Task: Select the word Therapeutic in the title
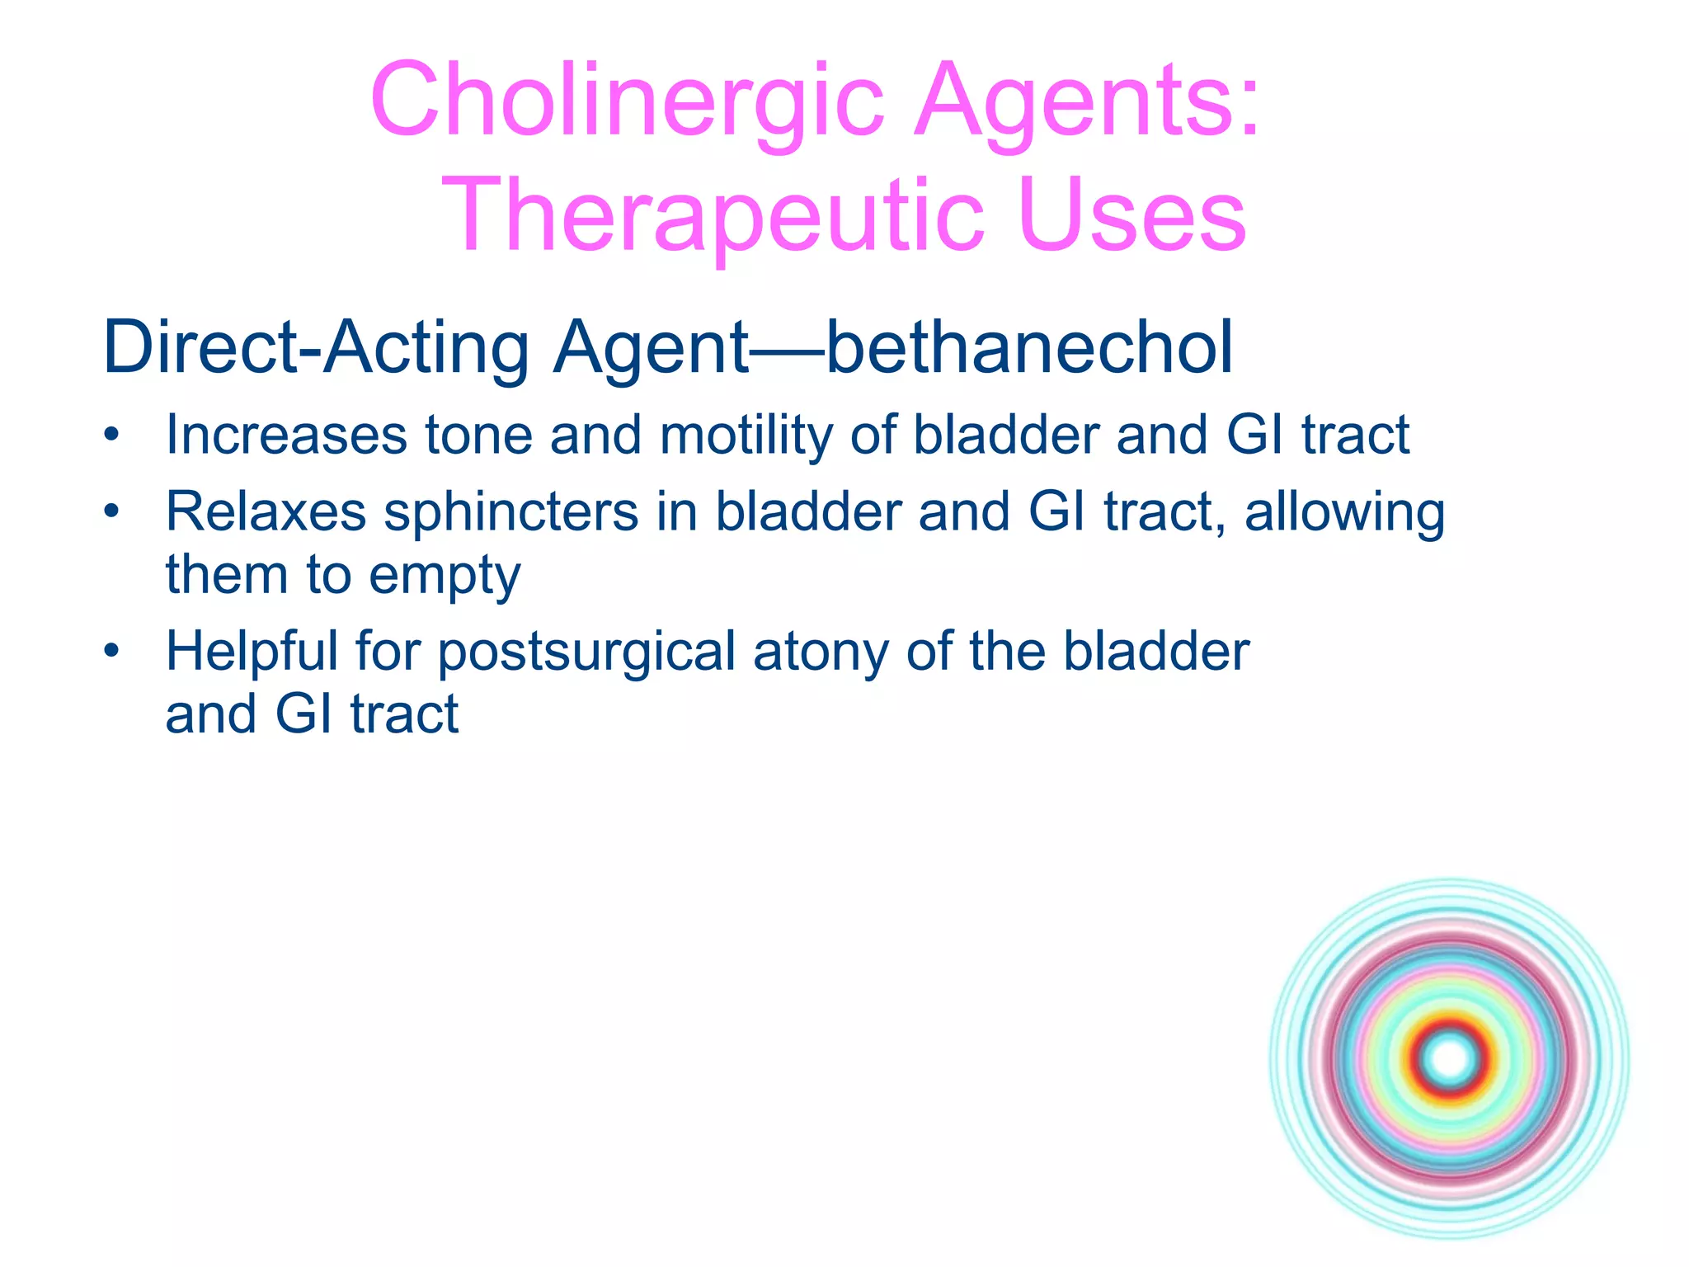pos(713,216)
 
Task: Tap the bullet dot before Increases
pos(112,435)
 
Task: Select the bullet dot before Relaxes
pos(112,511)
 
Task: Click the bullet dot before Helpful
pos(112,651)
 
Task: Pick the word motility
pos(746,435)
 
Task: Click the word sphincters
pos(511,511)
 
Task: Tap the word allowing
pos(1344,511)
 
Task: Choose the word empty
pos(445,575)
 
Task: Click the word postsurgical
pos(586,651)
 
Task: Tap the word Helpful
pos(252,651)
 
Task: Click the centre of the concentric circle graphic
pos(1449,1058)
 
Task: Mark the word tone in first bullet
pos(478,435)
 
